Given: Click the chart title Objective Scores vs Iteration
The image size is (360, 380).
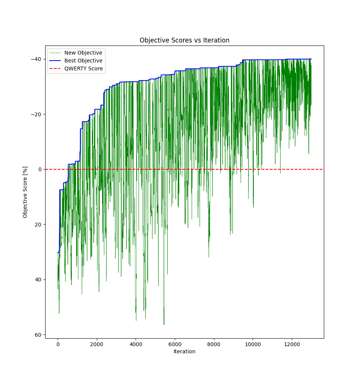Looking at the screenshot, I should [x=185, y=40].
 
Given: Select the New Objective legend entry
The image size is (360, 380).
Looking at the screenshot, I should [x=83, y=53].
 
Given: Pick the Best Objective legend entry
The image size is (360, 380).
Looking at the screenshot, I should [x=83, y=61].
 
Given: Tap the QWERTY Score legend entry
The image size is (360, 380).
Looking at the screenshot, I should [x=83, y=68].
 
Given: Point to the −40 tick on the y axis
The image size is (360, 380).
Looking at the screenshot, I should [x=37, y=59].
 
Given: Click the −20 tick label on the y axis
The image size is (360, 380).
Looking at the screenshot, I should [x=37, y=114].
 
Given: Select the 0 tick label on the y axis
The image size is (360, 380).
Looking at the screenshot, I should [x=40, y=169].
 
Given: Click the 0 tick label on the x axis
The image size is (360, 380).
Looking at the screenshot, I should [x=58, y=344].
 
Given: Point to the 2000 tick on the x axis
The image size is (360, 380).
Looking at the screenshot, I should [x=97, y=344].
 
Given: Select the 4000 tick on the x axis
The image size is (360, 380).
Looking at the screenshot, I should [x=136, y=344].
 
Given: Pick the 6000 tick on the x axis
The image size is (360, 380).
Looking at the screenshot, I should [x=175, y=344].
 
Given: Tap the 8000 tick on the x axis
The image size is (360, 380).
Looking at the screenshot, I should [x=214, y=344].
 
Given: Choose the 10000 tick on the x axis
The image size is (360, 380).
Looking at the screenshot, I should [x=253, y=344].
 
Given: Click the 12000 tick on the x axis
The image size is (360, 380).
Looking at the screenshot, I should [x=291, y=344].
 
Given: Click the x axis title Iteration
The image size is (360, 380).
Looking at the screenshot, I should [x=185, y=352].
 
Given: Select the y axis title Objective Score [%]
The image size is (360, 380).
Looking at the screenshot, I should [x=25, y=192].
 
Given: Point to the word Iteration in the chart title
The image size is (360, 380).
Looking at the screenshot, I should [x=216, y=40].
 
